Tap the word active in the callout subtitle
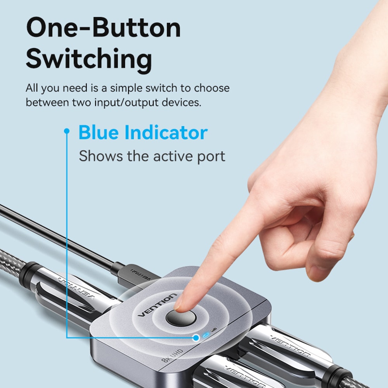[x=171, y=156]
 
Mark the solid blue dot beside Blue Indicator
[x=67, y=131]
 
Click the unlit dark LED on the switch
[x=215, y=332]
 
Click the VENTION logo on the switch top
[x=158, y=305]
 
